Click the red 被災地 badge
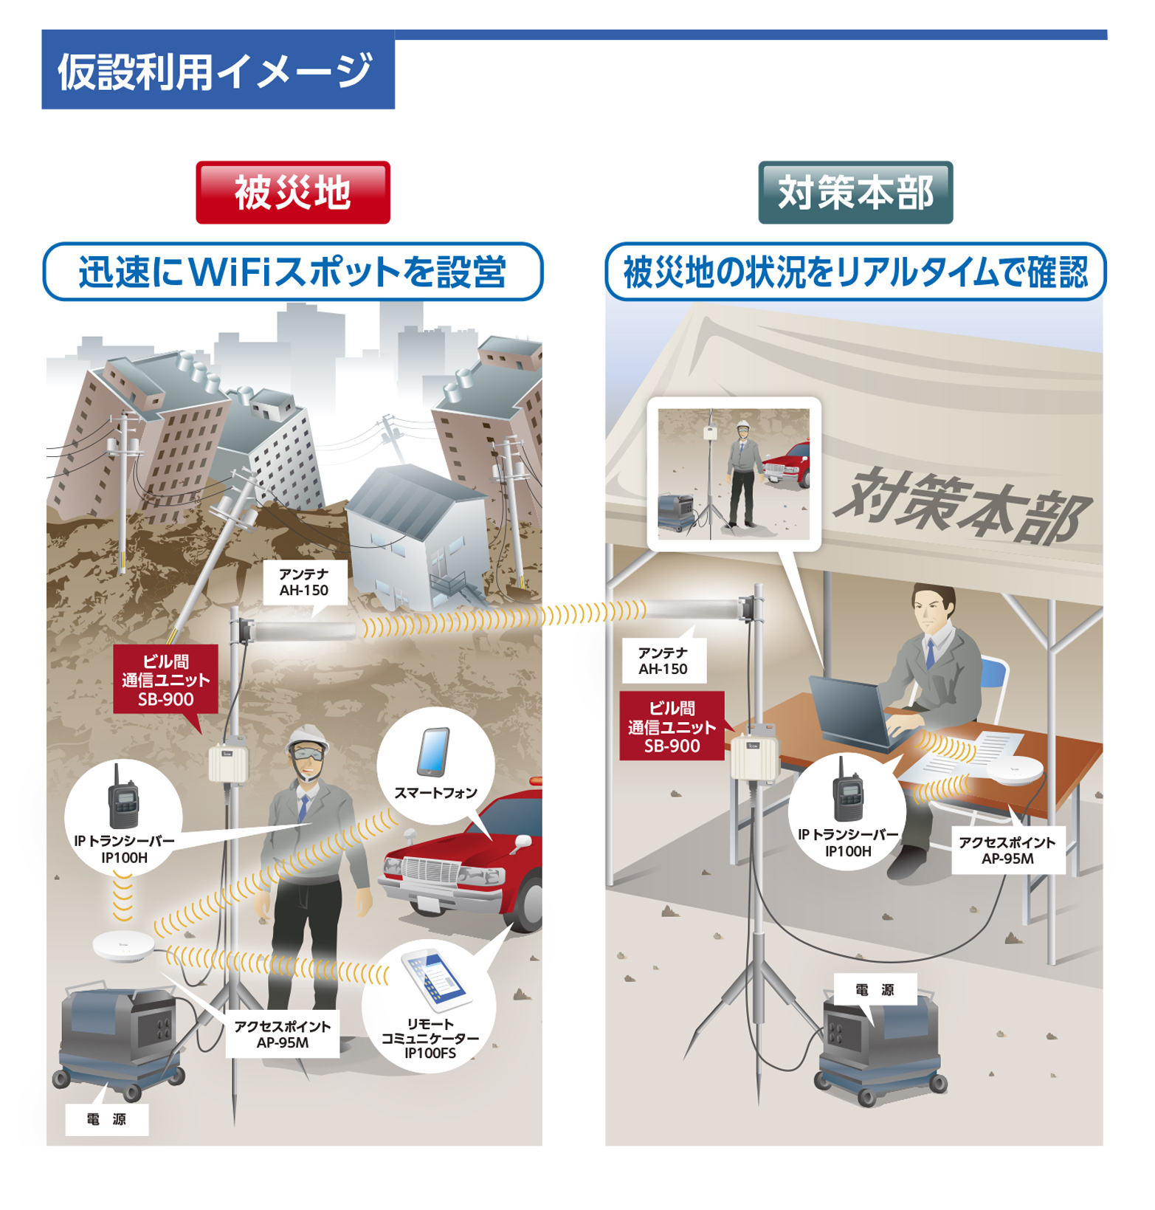pos(293,193)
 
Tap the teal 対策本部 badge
pos(855,193)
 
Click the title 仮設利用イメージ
pos(216,72)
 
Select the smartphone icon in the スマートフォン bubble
pos(434,752)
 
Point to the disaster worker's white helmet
pos(308,736)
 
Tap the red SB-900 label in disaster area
pos(166,680)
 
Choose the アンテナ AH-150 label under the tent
pos(663,661)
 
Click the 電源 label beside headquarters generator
pos(875,990)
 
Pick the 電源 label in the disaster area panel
pos(107,1119)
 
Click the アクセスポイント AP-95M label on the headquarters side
pos(1007,850)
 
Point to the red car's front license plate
pos(428,904)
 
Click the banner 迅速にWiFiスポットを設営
pos(293,272)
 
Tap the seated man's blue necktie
pos(931,654)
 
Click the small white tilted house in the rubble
pos(417,532)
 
